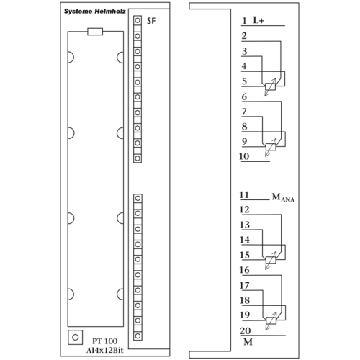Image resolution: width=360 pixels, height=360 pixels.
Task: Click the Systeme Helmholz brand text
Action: (x=95, y=12)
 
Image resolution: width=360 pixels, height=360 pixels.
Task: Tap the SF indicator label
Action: (x=151, y=21)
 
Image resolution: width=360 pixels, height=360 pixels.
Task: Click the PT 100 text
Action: (x=105, y=341)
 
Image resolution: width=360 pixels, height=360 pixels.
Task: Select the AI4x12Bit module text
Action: (x=105, y=351)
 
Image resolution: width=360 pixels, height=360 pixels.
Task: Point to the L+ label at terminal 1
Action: (x=258, y=20)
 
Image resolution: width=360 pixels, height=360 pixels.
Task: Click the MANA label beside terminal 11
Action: (x=283, y=197)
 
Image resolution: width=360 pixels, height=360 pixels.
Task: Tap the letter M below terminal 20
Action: (x=248, y=341)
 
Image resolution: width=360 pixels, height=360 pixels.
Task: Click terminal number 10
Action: (x=244, y=156)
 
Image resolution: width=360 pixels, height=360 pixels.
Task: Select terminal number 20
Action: (x=245, y=330)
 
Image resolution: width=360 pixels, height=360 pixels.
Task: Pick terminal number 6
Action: (x=244, y=96)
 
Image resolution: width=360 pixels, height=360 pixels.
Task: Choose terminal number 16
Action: (x=245, y=270)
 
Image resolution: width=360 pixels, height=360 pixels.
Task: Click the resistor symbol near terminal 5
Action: (x=271, y=86)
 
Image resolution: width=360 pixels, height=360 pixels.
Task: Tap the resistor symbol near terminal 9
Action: (x=271, y=147)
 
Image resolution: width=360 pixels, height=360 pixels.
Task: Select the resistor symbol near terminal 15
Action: (x=271, y=260)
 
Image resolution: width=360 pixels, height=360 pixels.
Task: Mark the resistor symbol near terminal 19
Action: (x=271, y=320)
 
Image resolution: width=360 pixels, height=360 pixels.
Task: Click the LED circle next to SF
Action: (x=138, y=20)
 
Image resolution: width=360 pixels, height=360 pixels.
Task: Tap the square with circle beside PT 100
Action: (x=76, y=337)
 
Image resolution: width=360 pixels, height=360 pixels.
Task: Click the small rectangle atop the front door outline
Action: (x=95, y=32)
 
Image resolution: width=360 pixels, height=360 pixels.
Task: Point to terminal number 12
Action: (x=245, y=210)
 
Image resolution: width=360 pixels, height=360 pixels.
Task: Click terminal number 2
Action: (x=244, y=36)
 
